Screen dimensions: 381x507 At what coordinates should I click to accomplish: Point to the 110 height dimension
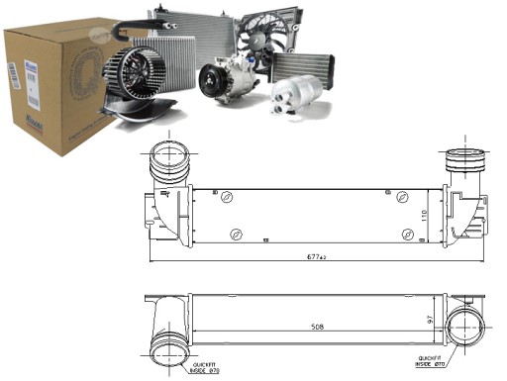425,215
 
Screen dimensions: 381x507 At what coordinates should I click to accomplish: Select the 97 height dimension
428,319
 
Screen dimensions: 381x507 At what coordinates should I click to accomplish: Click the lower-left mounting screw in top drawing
235,234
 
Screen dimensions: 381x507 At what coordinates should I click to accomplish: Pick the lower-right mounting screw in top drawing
409,234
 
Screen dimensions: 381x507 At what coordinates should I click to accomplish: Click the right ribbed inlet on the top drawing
458,162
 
